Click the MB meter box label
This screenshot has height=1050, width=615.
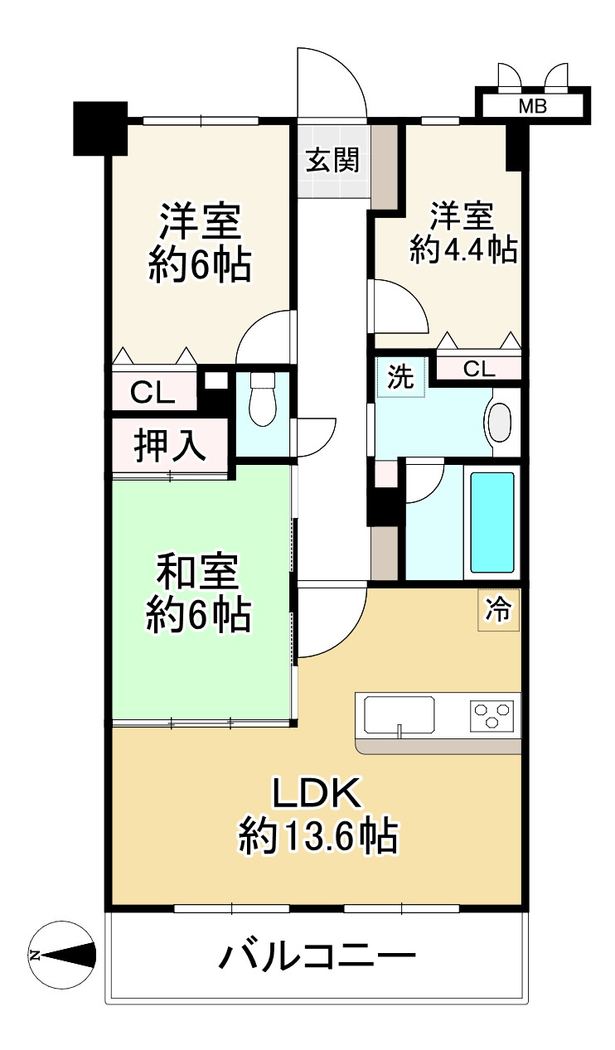[x=533, y=105]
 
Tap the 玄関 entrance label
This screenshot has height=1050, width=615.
[x=332, y=161]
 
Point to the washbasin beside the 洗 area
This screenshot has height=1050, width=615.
[x=500, y=423]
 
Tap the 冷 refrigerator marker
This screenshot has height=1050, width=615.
[x=497, y=611]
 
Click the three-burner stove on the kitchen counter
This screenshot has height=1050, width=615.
[x=492, y=713]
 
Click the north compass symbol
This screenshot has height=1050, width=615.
[x=61, y=955]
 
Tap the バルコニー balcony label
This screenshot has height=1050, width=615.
[x=317, y=958]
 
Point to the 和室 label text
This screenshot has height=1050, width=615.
[x=198, y=572]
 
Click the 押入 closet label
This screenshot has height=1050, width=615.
[x=170, y=446]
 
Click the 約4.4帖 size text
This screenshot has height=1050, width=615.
[x=463, y=249]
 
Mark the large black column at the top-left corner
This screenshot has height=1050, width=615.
[x=99, y=128]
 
